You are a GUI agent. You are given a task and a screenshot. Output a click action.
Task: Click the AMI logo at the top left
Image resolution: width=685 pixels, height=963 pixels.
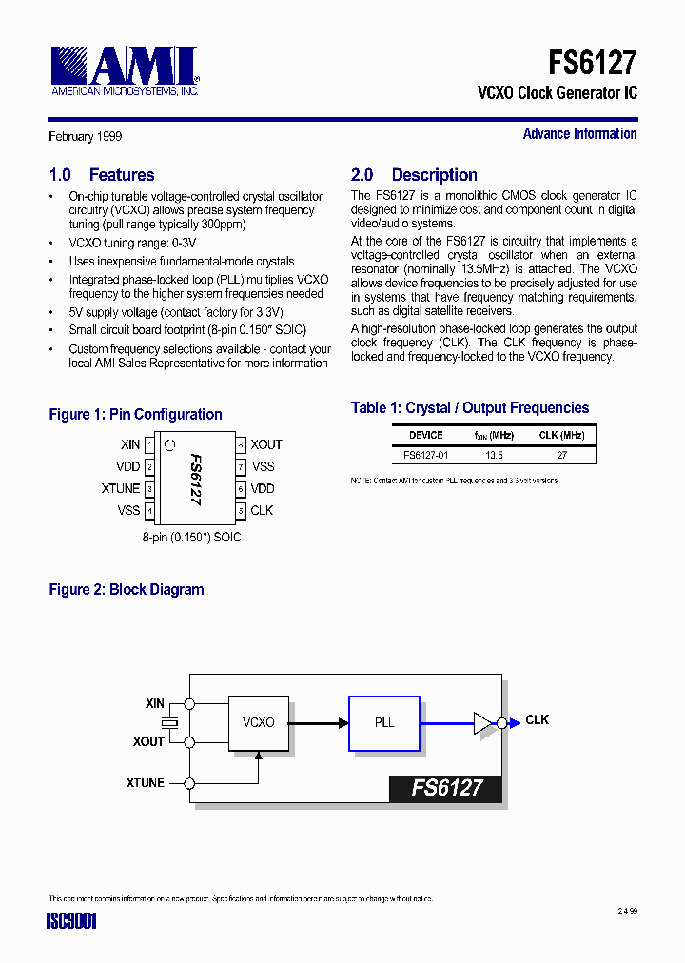[x=125, y=70]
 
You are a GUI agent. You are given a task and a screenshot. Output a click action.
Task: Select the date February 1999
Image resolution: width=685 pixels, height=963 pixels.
[x=86, y=137]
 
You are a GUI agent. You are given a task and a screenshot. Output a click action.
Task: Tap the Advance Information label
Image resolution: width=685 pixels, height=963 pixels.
[x=579, y=134]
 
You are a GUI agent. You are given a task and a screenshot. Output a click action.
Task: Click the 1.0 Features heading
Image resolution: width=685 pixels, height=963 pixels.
[x=102, y=175]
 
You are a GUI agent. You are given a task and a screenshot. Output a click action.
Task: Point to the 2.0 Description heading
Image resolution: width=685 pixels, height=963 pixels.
[x=414, y=175]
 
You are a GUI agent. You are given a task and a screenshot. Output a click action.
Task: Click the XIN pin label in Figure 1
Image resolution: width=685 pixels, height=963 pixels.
[x=130, y=444]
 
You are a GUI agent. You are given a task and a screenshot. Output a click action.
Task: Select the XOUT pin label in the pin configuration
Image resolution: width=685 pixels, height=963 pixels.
[x=266, y=444]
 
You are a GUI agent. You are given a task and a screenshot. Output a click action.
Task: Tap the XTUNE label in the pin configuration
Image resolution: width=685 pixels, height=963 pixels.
[x=121, y=488]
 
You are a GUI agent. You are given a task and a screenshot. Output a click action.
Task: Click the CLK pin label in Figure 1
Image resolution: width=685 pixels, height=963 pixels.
[x=262, y=510]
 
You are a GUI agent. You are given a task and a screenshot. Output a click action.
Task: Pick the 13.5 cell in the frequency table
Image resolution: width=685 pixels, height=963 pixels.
[x=494, y=455]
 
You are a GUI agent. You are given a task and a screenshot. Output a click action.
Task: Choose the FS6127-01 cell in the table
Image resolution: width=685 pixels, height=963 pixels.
[x=425, y=455]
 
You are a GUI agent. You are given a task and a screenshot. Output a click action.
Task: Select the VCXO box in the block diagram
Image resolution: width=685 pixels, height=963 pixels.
[x=258, y=723]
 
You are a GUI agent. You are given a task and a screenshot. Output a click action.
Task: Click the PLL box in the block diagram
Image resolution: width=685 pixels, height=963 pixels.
[x=383, y=723]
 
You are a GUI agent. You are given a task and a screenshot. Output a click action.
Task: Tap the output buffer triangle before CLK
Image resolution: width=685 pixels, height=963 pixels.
[x=483, y=723]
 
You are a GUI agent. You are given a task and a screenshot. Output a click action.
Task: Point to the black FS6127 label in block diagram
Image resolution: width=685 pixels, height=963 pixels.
[x=445, y=788]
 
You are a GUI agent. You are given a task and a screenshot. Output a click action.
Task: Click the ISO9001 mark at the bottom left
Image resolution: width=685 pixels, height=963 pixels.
[x=72, y=921]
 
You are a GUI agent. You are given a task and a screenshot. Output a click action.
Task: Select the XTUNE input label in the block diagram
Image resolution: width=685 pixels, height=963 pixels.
[x=145, y=783]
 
